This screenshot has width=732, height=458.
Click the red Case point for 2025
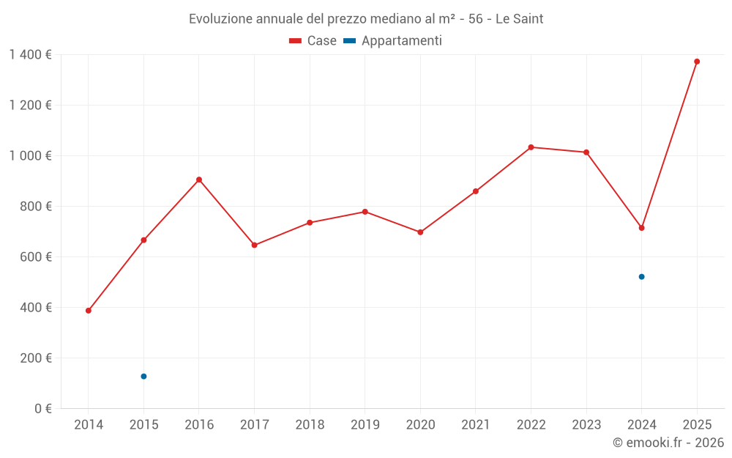coord(697,62)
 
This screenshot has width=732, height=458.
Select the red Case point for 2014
coord(89,311)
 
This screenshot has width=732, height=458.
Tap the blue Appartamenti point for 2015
coord(143,377)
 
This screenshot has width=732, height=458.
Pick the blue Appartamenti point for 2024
coord(641,277)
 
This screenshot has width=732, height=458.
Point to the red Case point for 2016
coord(199,180)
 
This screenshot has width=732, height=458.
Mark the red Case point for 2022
coord(531,147)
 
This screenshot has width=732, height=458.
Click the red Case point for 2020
coord(420,232)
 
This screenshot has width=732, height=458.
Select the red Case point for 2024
coord(641,228)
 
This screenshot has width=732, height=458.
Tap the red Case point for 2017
coord(254,245)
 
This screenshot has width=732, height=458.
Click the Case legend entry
coord(313,41)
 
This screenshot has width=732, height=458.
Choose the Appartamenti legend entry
coord(393,41)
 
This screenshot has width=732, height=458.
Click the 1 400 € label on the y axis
coord(30,55)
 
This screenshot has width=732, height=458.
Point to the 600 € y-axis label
coord(37,257)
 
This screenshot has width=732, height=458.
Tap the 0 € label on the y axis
coord(43,409)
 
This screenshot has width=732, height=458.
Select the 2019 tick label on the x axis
coord(365,425)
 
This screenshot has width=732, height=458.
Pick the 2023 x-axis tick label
coord(586,425)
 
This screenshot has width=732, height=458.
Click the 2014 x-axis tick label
coord(89,425)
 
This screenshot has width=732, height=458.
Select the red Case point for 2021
coord(476,191)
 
